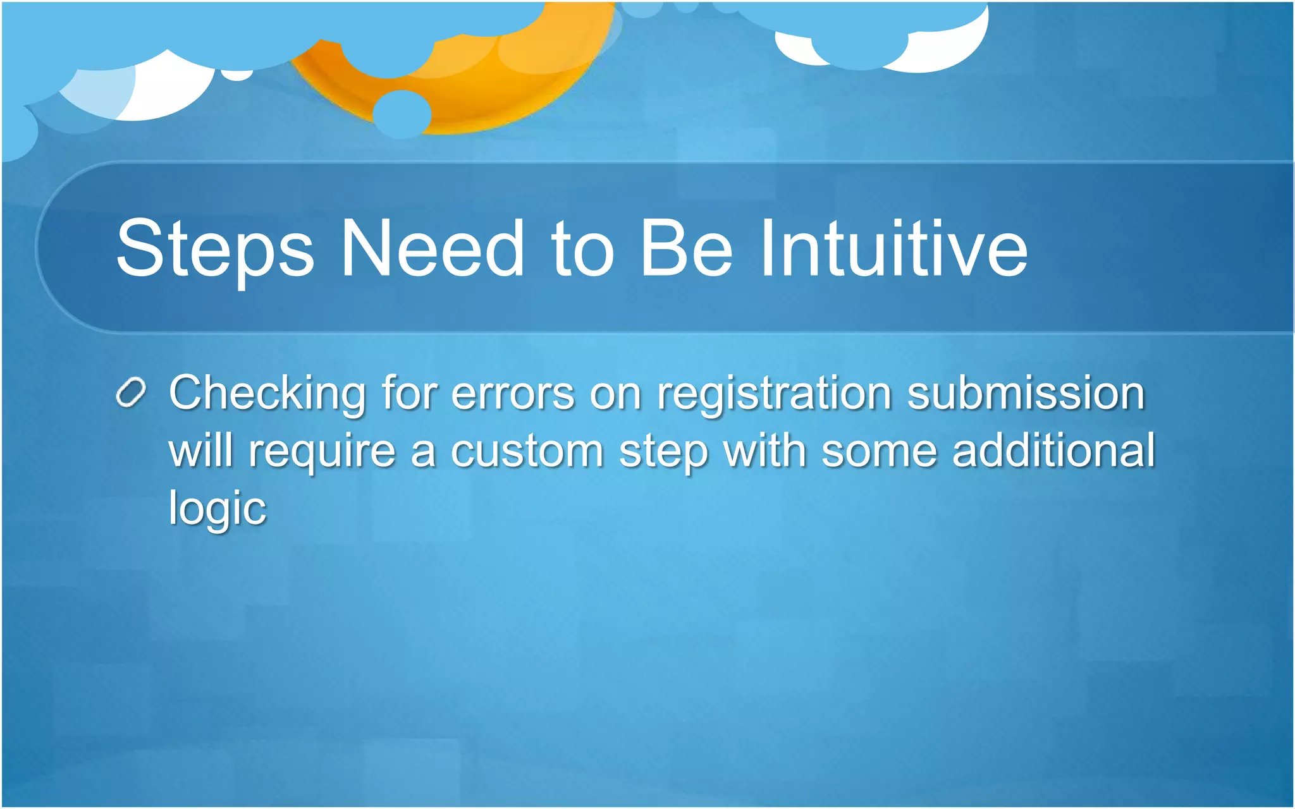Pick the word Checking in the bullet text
[x=267, y=394]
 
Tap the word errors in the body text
[x=513, y=393]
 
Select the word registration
[x=774, y=394]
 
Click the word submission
[x=1026, y=393]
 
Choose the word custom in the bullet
[x=527, y=451]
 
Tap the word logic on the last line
[x=218, y=509]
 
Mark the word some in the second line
[x=879, y=451]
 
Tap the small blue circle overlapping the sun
[x=402, y=114]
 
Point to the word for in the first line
[x=409, y=393]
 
